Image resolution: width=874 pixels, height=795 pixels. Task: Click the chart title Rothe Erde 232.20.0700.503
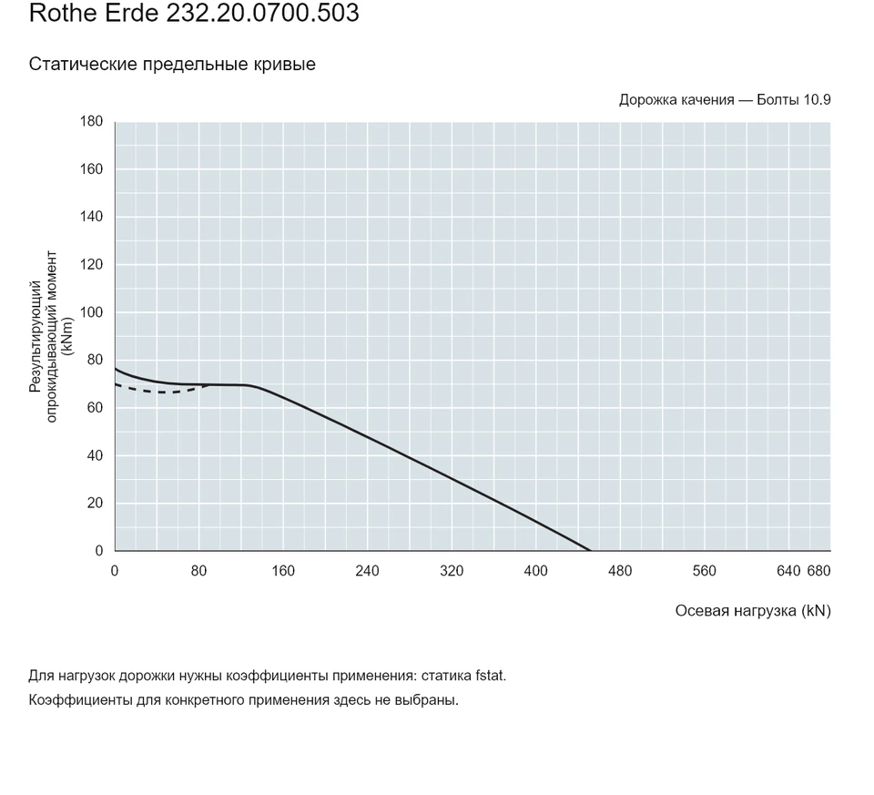click(x=194, y=13)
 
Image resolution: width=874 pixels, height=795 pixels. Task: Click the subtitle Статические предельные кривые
click(x=172, y=64)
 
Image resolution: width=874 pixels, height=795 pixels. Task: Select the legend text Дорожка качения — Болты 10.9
click(x=725, y=100)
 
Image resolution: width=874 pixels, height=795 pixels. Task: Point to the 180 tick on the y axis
click(x=91, y=121)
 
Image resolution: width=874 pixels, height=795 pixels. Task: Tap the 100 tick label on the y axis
click(x=91, y=312)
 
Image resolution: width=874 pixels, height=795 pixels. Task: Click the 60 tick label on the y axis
click(x=96, y=408)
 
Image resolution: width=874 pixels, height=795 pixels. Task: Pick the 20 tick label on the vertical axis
click(x=96, y=503)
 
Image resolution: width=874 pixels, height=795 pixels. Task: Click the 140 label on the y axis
click(x=91, y=217)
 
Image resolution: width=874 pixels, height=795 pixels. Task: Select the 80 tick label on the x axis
click(x=199, y=571)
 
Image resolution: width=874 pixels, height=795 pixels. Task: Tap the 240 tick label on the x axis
click(x=367, y=571)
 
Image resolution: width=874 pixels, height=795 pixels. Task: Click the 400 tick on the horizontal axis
click(x=535, y=571)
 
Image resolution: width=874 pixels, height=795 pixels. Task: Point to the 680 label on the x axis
click(x=818, y=571)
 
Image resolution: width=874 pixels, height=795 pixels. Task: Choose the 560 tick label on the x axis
click(x=705, y=571)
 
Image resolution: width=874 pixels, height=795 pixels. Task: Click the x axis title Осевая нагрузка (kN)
click(x=753, y=611)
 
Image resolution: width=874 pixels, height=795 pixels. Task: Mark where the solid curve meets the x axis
click(x=590, y=550)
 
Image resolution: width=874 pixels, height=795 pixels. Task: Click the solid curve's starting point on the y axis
click(x=116, y=369)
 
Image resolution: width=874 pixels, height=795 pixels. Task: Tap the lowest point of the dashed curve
click(x=163, y=392)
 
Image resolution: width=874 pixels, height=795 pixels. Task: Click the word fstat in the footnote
click(x=490, y=676)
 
